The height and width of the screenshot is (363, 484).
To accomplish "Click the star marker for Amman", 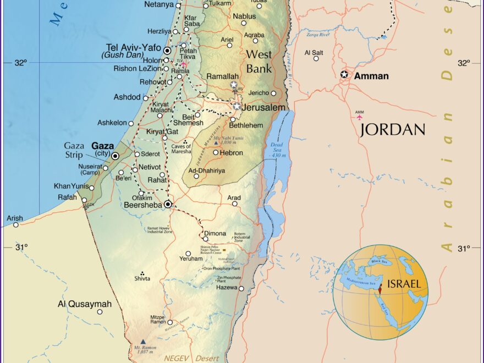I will (x=345, y=74).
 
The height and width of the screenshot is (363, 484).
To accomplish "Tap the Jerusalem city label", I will (x=263, y=108).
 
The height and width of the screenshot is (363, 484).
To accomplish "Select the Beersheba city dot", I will (x=168, y=204).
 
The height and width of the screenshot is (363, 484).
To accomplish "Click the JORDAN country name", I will (x=393, y=130).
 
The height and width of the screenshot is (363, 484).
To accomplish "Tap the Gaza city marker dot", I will (x=116, y=156).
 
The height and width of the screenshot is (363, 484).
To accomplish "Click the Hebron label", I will (x=232, y=152).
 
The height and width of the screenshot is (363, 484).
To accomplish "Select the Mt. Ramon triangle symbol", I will (x=143, y=342).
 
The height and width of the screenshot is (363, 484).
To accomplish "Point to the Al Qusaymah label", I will (x=85, y=304).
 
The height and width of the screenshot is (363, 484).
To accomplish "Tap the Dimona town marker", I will (x=206, y=239).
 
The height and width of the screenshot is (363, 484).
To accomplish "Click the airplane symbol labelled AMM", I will (x=360, y=117).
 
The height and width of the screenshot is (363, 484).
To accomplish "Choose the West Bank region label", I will (x=258, y=61).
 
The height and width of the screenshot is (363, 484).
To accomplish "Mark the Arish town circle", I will (x=16, y=224).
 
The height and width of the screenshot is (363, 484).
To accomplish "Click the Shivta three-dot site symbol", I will (x=143, y=273).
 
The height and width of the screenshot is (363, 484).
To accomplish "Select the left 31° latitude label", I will (x=21, y=248).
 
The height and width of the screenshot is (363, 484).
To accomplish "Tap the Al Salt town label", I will (x=314, y=53).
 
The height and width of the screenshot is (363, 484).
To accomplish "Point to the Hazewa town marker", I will (x=241, y=288).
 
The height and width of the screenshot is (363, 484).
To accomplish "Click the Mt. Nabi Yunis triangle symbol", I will (x=216, y=142).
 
